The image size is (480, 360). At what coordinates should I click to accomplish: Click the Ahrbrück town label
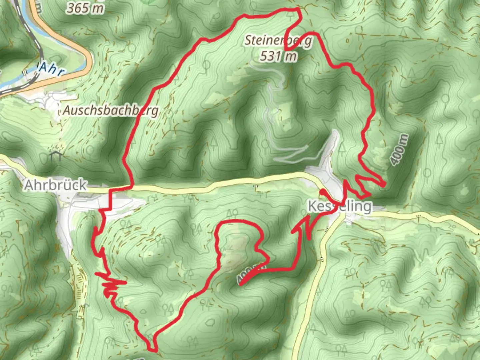click(x=55, y=185)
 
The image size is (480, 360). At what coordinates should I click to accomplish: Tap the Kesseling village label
click(x=339, y=206)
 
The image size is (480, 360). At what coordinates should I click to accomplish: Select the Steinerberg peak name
click(x=279, y=40)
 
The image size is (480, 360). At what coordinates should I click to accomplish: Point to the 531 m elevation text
click(x=278, y=56)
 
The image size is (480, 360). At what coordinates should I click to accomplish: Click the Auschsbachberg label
click(x=111, y=110)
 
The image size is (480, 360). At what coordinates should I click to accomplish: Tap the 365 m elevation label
click(x=85, y=8)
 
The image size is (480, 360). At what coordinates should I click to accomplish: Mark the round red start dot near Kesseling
click(x=323, y=192)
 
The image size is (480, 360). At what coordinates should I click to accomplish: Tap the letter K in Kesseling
click(x=313, y=206)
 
